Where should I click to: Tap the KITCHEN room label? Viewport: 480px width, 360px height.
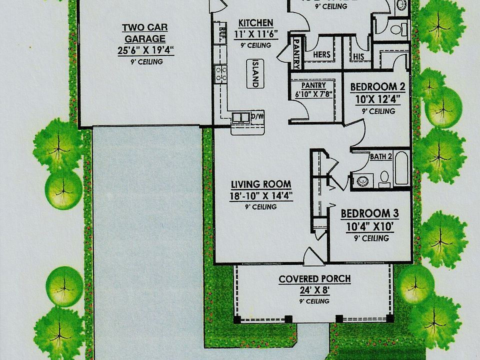pyautogui.click(x=255, y=23)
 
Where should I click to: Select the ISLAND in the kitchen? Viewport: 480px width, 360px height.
pyautogui.click(x=255, y=74)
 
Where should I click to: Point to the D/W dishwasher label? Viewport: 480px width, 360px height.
pyautogui.click(x=257, y=117)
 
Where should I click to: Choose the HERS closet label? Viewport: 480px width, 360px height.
pyautogui.click(x=321, y=54)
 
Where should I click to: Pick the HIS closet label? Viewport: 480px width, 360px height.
pyautogui.click(x=358, y=57)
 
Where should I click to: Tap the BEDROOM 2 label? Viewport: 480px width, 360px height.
pyautogui.click(x=377, y=87)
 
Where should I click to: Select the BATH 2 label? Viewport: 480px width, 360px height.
pyautogui.click(x=380, y=156)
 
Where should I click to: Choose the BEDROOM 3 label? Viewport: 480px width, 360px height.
pyautogui.click(x=370, y=214)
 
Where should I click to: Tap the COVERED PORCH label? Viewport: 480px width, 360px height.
pyautogui.click(x=314, y=279)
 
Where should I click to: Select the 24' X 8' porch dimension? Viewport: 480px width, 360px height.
pyautogui.click(x=314, y=290)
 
